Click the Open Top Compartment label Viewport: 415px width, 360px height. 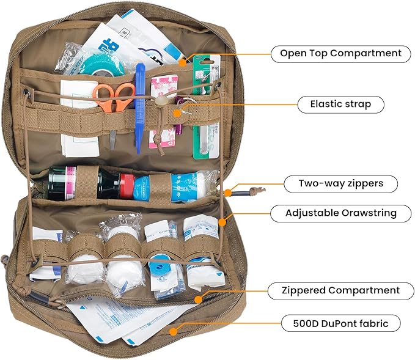[x=340, y=53]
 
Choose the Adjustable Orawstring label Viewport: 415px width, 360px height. [x=341, y=213]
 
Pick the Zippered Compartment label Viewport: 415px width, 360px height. [x=340, y=290]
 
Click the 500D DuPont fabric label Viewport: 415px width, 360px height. [x=340, y=323]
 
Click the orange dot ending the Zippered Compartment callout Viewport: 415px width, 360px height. [x=198, y=299]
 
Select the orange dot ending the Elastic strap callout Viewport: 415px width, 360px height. [x=178, y=112]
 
